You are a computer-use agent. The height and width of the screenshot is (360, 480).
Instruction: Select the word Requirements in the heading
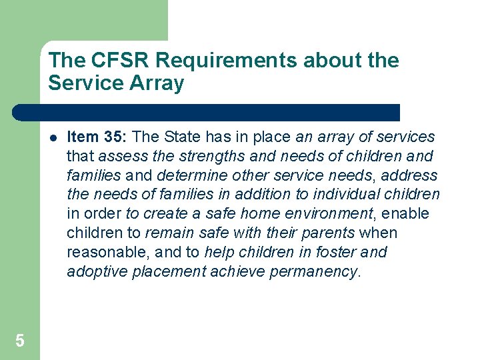[x=217, y=61]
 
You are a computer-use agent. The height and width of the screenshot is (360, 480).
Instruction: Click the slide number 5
[x=19, y=341]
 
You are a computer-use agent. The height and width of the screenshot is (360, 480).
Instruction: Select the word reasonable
[x=102, y=253]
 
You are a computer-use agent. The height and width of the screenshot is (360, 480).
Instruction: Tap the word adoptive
[x=93, y=271]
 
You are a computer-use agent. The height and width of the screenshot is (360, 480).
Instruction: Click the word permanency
[x=317, y=271]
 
